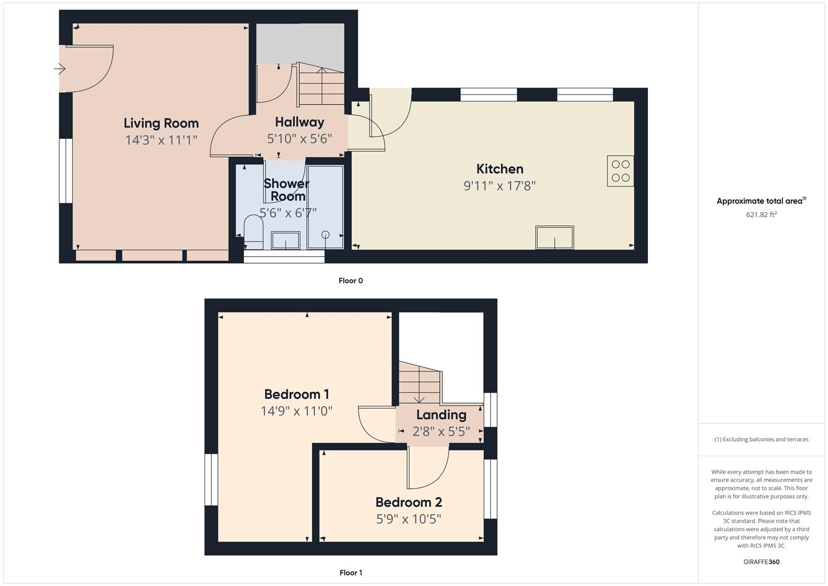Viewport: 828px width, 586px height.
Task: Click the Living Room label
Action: point(161,123)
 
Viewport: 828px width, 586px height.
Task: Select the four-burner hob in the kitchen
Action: point(620,171)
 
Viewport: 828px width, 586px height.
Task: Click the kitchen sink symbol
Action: point(555,238)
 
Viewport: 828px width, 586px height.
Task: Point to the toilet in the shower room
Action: point(253,231)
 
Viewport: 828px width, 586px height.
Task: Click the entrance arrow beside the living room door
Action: point(60,69)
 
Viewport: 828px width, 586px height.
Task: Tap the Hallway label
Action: point(299,122)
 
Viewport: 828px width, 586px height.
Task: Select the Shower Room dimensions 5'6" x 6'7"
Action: point(288,213)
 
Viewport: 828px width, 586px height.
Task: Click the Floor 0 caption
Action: point(350,281)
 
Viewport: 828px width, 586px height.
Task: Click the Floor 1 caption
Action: point(350,572)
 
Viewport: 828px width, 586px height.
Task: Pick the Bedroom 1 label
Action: point(297,394)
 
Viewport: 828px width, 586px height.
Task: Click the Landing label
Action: point(441,415)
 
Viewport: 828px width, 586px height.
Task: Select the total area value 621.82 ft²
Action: point(761,214)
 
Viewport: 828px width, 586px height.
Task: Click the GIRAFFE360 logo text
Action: point(761,562)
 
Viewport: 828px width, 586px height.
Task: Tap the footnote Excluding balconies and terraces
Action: point(761,439)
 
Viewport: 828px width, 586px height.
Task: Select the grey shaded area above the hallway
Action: point(299,43)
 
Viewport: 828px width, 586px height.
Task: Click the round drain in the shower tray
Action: point(325,234)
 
